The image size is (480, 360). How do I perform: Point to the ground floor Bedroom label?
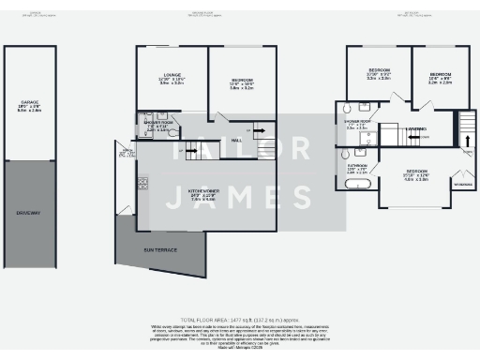242,81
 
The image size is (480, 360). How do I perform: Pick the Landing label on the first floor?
418,128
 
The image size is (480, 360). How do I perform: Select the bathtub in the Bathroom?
357,185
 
